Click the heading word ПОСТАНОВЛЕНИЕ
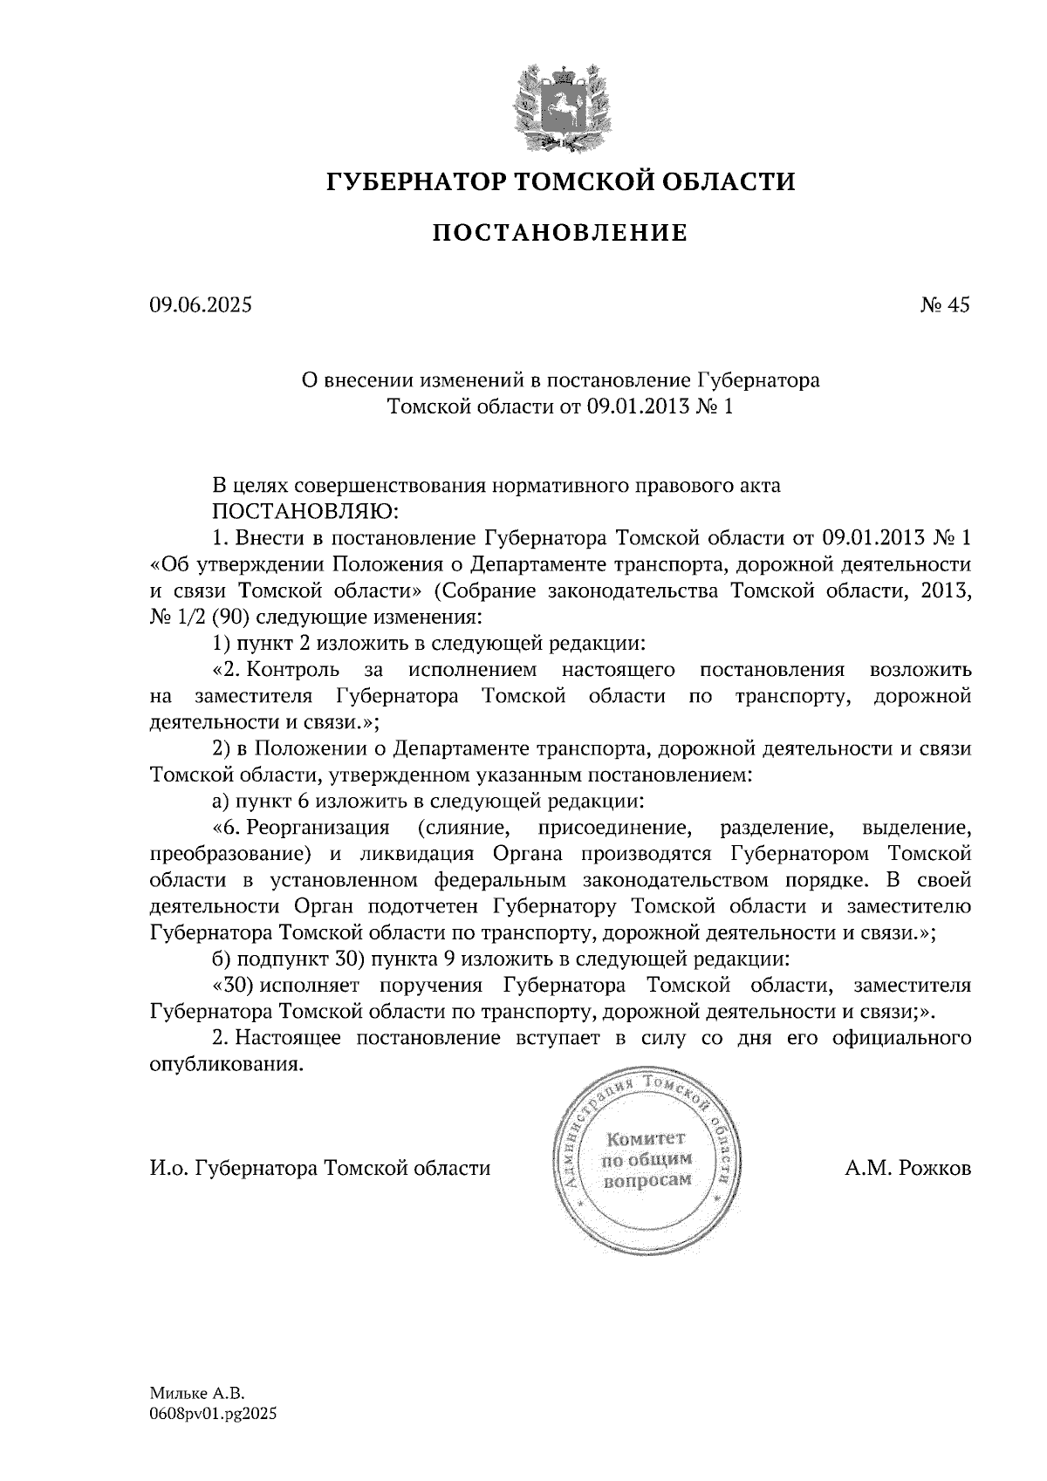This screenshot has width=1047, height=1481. click(560, 233)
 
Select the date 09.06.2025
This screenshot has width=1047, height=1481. click(201, 304)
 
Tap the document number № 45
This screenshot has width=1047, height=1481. click(944, 304)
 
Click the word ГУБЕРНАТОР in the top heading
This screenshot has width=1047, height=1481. click(414, 182)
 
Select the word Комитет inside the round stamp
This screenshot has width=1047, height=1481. click(647, 1138)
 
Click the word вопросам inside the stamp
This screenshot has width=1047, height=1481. click(647, 1180)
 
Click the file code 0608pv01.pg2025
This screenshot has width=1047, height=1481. click(213, 1416)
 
